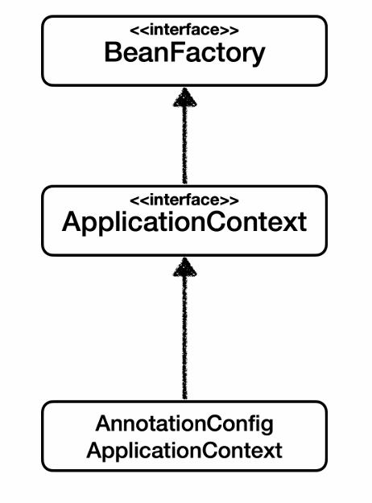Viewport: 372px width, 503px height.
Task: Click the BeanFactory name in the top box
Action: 184,53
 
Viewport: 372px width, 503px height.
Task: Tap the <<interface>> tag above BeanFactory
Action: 184,30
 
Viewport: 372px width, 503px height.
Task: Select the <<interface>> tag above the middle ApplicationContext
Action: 184,200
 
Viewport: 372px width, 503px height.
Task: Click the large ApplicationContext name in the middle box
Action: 184,223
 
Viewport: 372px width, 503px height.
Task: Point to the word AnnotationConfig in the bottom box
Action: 184,425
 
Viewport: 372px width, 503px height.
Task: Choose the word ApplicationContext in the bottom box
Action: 184,451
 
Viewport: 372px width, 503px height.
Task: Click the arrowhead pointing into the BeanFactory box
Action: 185,97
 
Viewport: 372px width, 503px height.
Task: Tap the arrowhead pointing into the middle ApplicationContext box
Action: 185,267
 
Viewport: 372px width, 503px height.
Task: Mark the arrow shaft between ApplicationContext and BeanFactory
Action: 185,145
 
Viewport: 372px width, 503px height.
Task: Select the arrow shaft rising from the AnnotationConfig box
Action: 185,337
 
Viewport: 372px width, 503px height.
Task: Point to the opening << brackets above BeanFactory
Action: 139,31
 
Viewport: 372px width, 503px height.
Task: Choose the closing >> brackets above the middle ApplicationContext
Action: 229,200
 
